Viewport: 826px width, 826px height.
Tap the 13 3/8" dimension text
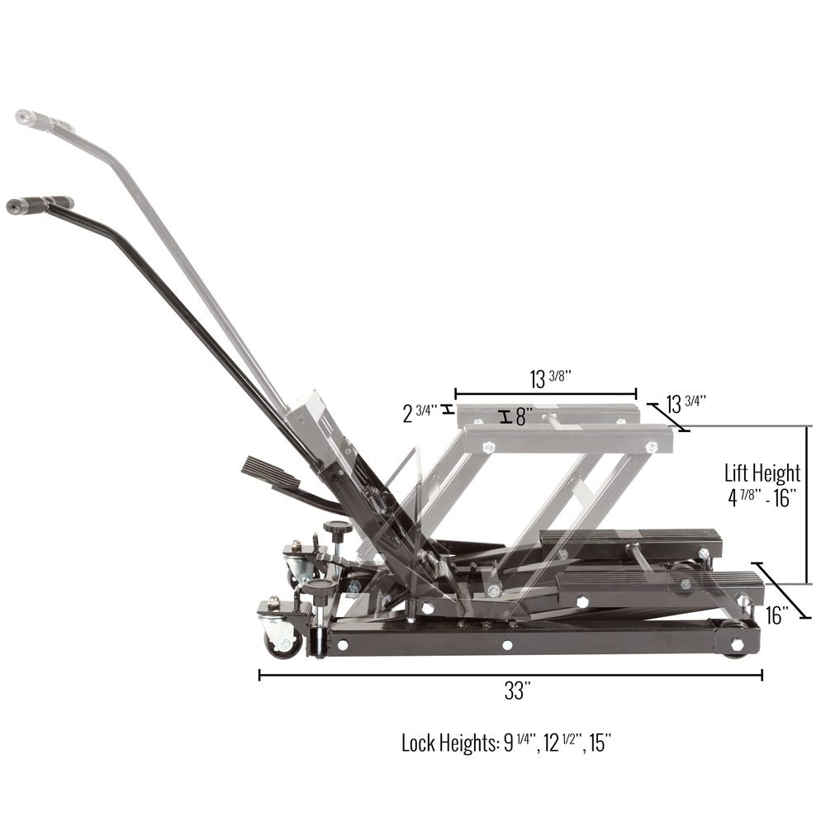tap(550, 379)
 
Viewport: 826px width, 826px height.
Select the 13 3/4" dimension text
tap(686, 404)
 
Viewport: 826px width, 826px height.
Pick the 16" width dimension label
tap(776, 615)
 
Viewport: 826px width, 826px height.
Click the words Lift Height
tap(762, 473)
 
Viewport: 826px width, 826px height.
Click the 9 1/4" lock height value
tap(520, 743)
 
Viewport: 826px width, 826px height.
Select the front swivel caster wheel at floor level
tap(282, 638)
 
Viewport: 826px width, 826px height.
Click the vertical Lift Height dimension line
tap(808, 504)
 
